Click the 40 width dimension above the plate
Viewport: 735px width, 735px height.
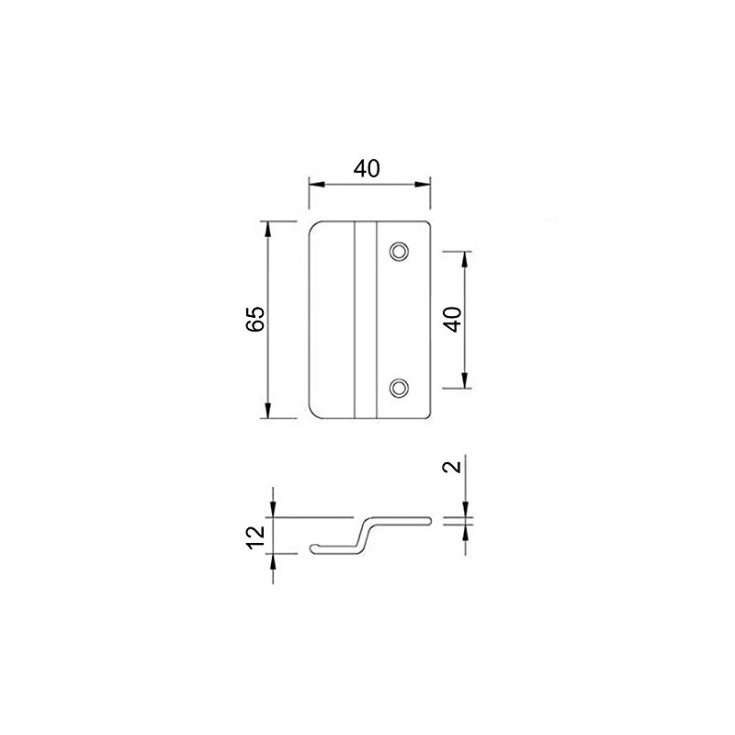tap(367, 168)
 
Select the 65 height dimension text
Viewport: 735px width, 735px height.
tap(255, 319)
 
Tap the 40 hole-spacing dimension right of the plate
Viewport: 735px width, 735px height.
tap(451, 319)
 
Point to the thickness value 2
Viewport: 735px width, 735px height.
tap(451, 467)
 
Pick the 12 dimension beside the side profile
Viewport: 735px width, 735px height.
tap(256, 535)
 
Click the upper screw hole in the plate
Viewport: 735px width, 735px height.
tap(399, 251)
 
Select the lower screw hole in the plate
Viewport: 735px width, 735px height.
tap(399, 389)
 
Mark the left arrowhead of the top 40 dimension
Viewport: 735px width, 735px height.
tap(314, 184)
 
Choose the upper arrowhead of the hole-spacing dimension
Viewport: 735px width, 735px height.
tap(465, 257)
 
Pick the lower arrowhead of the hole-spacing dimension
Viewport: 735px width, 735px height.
tap(465, 382)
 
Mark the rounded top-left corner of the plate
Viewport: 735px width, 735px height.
tap(313, 227)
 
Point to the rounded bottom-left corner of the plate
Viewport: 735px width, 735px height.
tap(313, 413)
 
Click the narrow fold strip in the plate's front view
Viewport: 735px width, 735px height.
tap(365, 320)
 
